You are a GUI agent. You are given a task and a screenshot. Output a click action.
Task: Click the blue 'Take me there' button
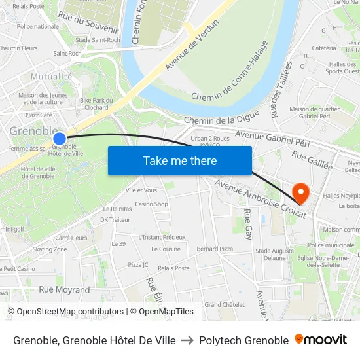point(180,161)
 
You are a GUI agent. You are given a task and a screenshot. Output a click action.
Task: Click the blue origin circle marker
point(60,138)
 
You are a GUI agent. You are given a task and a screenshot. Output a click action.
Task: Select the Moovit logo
point(321,340)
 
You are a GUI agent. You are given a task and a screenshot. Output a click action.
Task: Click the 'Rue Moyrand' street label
point(64,289)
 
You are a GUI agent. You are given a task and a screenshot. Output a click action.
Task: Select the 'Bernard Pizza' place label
point(215,249)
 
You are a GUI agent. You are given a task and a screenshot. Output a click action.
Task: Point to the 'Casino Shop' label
point(151,204)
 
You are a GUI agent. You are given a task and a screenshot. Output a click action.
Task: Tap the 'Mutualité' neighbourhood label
point(52,76)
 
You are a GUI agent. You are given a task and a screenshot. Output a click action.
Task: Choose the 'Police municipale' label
point(331,245)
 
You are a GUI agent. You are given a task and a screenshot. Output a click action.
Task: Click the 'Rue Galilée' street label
point(312,160)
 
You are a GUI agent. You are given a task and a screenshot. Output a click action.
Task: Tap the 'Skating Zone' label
point(50,249)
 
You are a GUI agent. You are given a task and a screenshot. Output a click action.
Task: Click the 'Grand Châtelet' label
point(225,304)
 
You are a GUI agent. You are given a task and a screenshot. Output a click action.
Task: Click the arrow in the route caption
point(187,340)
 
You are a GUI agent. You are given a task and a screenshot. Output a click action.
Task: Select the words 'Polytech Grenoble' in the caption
point(243,340)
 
